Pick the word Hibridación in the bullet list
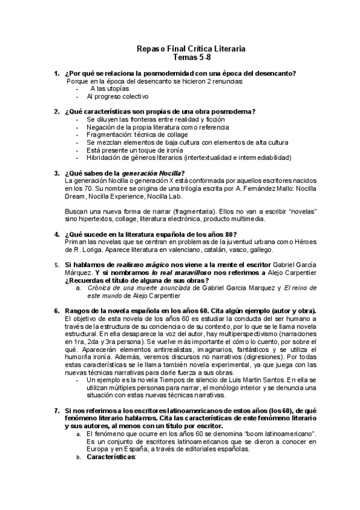[x=106, y=158]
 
